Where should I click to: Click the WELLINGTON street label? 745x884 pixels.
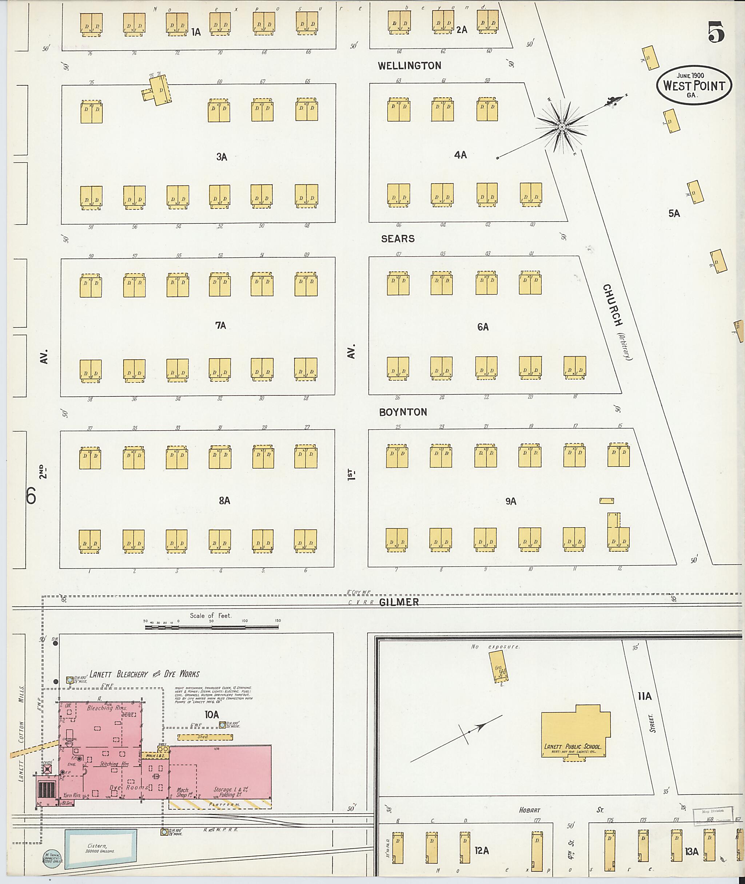point(409,66)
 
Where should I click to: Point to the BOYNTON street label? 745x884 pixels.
point(403,412)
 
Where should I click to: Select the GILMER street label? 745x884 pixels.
point(399,602)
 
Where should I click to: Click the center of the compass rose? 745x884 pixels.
point(562,127)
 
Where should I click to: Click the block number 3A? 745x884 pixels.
point(222,157)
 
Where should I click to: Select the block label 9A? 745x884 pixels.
point(511,502)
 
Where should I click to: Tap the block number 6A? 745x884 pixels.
point(483,327)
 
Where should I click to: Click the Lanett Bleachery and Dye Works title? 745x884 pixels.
point(144,674)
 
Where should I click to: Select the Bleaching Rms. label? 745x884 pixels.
point(100,707)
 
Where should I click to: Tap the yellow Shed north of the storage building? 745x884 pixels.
point(205,737)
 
